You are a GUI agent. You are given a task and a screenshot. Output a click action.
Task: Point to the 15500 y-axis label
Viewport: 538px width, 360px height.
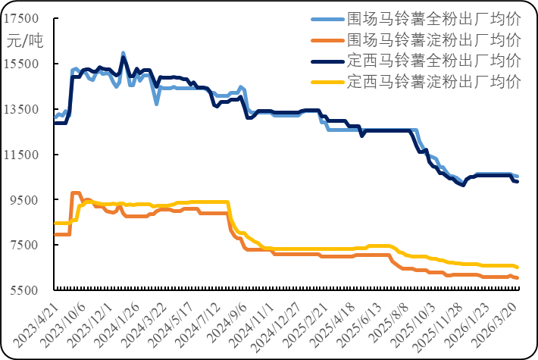pyautogui.click(x=22, y=64)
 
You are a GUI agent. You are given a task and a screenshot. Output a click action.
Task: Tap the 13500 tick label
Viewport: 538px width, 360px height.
pyautogui.click(x=22, y=109)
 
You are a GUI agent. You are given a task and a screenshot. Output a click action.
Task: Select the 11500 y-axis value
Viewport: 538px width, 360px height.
pyautogui.click(x=22, y=155)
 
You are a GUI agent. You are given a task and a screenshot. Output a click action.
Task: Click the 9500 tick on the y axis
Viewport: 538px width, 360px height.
pyautogui.click(x=25, y=200)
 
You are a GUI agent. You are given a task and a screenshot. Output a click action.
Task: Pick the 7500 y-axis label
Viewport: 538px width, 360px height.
pyautogui.click(x=25, y=246)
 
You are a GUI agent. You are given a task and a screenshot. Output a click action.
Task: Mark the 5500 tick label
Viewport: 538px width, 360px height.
pyautogui.click(x=25, y=291)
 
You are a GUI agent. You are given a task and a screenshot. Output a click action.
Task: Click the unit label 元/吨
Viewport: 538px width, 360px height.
pyautogui.click(x=26, y=41)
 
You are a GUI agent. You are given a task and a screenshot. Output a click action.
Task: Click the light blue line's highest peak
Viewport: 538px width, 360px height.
pyautogui.click(x=123, y=52)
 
